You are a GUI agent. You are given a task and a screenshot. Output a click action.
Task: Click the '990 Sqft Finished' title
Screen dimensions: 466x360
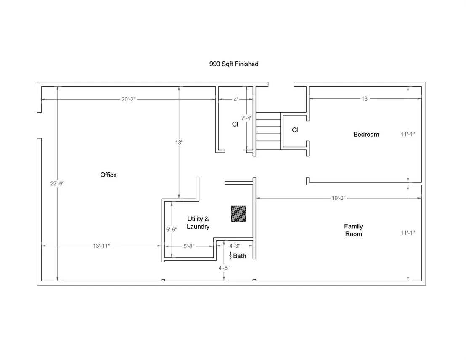pos(234,64)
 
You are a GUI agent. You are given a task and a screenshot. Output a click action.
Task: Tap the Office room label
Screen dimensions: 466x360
pos(109,175)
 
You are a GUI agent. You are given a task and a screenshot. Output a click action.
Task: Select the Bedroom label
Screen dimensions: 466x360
pos(366,134)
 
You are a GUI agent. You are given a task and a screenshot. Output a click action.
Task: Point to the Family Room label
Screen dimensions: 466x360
pos(353,230)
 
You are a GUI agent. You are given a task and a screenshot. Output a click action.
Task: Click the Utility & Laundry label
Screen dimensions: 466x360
pos(198,222)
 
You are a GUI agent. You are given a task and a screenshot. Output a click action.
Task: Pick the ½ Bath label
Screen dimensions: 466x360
pos(238,256)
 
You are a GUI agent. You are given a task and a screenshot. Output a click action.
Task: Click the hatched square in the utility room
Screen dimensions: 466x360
pos(238,214)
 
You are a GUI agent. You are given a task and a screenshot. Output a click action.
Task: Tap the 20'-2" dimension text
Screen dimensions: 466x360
pos(128,99)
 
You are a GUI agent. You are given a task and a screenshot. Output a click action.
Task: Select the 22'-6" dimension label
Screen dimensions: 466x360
pos(57,184)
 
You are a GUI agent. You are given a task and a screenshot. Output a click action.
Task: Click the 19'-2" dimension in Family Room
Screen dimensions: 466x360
pos(339,198)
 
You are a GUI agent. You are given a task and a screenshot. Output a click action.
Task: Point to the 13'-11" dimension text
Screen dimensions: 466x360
pos(101,246)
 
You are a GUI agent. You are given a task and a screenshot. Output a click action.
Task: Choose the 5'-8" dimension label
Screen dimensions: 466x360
pos(189,246)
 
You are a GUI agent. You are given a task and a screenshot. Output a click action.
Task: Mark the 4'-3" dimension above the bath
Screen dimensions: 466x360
pos(235,246)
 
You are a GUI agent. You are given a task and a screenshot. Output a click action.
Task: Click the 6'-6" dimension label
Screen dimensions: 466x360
pos(172,230)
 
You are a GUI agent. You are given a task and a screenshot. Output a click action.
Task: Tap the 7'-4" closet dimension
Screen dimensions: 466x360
pos(247,118)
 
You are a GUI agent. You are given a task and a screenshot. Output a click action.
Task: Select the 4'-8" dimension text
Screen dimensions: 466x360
pos(224,268)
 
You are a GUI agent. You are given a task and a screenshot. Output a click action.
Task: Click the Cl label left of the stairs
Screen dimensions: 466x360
pos(235,124)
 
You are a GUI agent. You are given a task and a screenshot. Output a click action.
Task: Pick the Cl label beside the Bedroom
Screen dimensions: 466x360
pos(295,130)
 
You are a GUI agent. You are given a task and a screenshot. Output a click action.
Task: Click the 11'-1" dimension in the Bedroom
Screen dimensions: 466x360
pos(408,134)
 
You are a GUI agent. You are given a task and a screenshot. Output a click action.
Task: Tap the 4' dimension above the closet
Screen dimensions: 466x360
pos(236,99)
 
